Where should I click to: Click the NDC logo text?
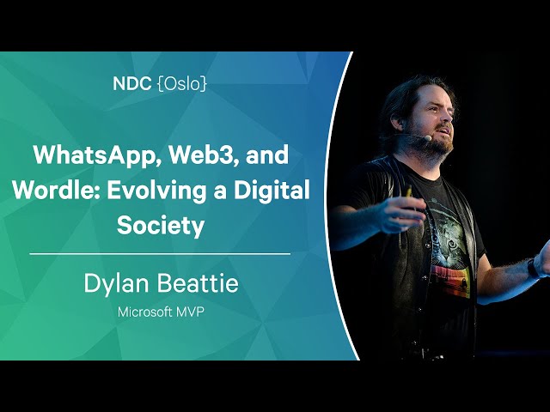pyautogui.click(x=131, y=84)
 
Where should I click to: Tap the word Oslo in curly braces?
pyautogui.click(x=182, y=84)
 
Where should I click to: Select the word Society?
pyautogui.click(x=161, y=225)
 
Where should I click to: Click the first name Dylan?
pyautogui.click(x=117, y=284)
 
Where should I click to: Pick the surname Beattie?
pyautogui.click(x=198, y=283)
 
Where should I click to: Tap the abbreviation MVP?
pyautogui.click(x=190, y=312)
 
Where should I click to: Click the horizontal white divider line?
pyautogui.click(x=160, y=254)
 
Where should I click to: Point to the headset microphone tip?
pyautogui.click(x=428, y=138)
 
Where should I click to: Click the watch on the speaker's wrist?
pyautogui.click(x=533, y=269)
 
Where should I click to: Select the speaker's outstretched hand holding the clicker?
pyautogui.click(x=403, y=213)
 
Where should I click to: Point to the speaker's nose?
pyautogui.click(x=449, y=117)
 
